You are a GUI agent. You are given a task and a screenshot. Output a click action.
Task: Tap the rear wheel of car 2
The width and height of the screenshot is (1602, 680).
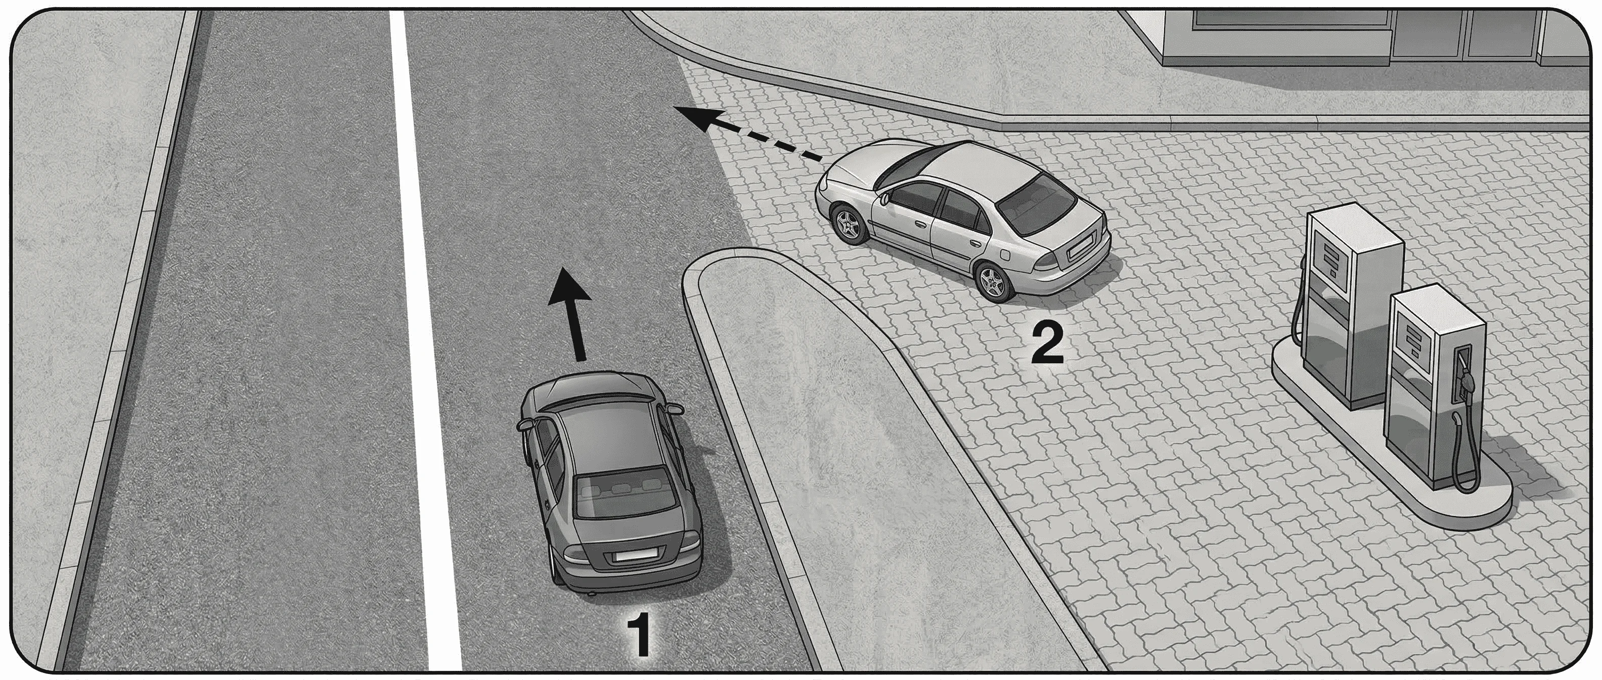(x=993, y=283)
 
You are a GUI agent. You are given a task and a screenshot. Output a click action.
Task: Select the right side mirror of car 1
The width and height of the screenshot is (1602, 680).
(x=673, y=410)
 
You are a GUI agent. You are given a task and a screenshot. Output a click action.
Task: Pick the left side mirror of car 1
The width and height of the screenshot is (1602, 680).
(x=525, y=425)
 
